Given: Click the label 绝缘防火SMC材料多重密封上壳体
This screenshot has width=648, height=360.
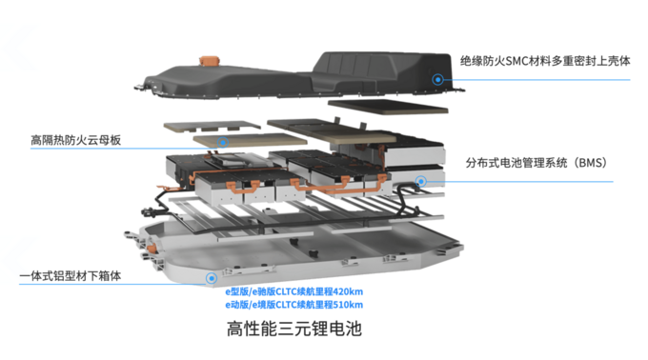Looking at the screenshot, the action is coord(545,61).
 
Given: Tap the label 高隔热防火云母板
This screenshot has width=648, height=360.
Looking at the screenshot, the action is coord(75,140).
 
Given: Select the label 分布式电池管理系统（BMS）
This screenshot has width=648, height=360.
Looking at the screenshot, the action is coord(536,163).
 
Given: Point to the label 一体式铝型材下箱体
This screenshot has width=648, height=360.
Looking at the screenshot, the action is coord(71,276).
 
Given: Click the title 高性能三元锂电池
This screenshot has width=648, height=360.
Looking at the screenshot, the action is coord(294,329).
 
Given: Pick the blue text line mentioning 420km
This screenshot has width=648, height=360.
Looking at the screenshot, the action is coord(294,291).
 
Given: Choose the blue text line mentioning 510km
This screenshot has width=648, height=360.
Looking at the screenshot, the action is coord(294,305).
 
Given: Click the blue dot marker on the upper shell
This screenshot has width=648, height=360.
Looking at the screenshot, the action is coord(437,79).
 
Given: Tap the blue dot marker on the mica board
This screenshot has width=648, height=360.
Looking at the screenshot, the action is coord(223,143).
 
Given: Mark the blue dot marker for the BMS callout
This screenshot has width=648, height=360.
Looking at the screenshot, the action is coord(420,181).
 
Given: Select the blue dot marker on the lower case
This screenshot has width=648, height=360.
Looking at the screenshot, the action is coord(212,278).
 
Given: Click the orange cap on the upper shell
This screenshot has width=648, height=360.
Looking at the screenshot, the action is coord(210,61).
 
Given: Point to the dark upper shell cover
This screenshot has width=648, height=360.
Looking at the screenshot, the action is coord(299,75).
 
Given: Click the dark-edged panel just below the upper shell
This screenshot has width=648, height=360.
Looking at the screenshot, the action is coord(388,106).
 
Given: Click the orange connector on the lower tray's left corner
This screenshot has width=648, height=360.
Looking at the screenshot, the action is coord(152,249).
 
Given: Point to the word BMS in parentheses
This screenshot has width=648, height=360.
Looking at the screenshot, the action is coord(591,163).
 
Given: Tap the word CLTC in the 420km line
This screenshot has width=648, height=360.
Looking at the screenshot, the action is coord(286,291).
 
